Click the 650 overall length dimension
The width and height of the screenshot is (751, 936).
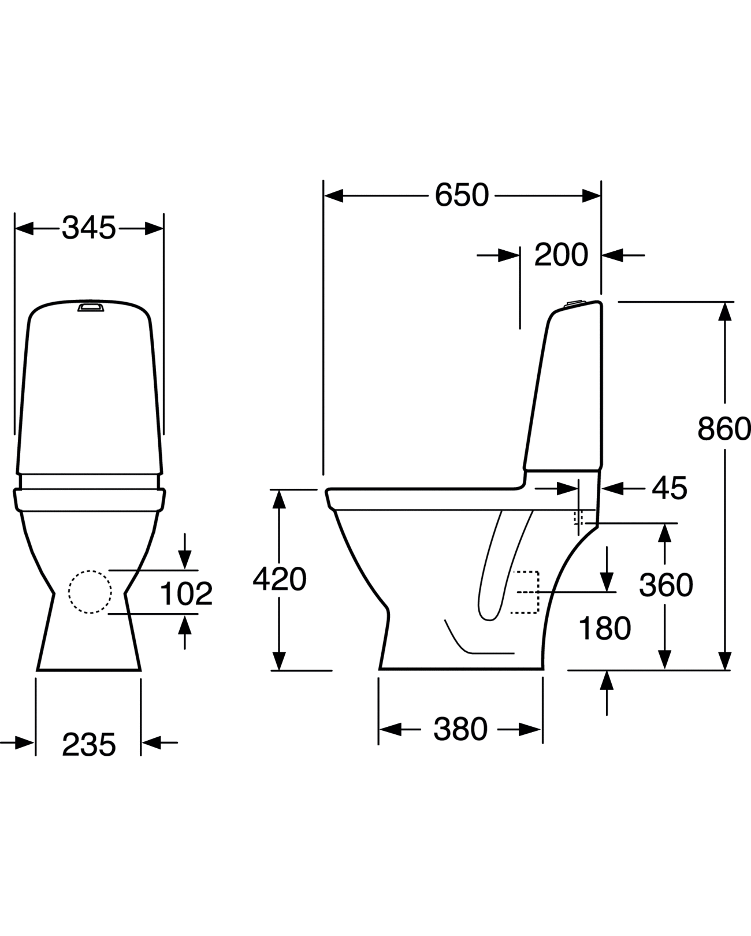tap(461, 195)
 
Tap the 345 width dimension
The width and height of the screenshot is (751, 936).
tap(89, 228)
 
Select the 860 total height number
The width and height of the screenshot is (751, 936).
tap(724, 429)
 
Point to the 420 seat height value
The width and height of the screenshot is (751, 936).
tap(280, 579)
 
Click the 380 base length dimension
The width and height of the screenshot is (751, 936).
tap(460, 729)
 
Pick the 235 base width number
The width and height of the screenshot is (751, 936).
tap(89, 744)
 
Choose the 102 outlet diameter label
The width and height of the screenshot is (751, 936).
tap(186, 593)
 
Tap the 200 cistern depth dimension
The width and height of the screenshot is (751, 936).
tap(560, 255)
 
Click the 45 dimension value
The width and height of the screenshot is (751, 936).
tap(670, 489)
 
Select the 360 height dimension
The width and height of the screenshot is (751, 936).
tap(666, 585)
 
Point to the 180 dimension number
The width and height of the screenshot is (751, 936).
tap(604, 629)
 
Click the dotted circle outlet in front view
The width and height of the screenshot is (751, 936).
tap(90, 592)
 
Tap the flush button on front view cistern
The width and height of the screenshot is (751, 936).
tap(91, 306)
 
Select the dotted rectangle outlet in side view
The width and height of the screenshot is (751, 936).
tap(526, 592)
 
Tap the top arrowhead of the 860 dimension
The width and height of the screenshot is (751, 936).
tap(725, 311)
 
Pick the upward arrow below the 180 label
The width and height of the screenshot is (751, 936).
tap(606, 682)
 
